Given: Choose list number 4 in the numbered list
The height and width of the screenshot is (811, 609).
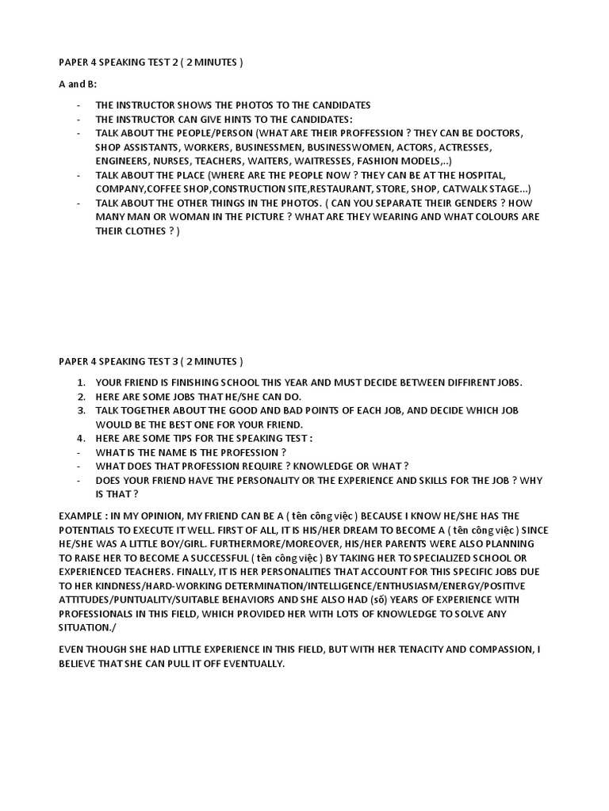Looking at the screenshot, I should [x=81, y=438].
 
